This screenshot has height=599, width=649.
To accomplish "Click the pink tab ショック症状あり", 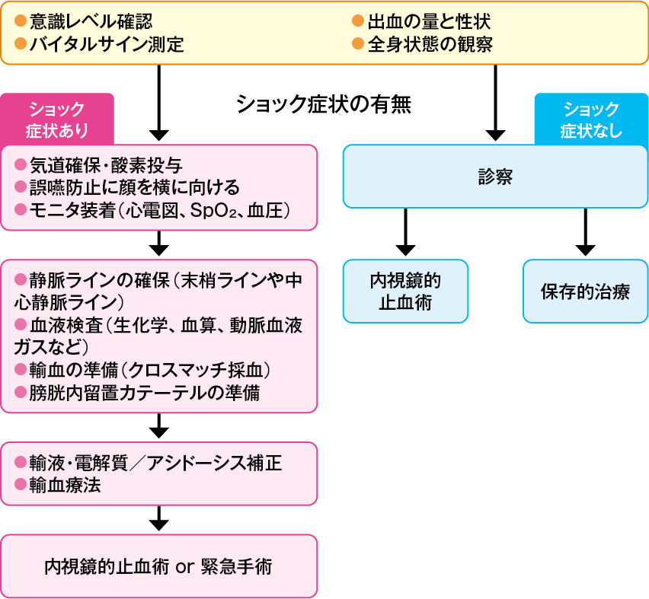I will tap(57, 119).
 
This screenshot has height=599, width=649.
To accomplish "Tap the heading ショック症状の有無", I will tap(324, 104).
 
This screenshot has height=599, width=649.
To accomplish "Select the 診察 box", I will tap(495, 177).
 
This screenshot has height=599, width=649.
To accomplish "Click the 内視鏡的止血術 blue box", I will tap(405, 291).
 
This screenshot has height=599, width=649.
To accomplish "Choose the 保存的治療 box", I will tap(585, 291).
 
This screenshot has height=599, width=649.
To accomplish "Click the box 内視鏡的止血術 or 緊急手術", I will tap(158, 566).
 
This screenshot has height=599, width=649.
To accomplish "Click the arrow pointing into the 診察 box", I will tap(495, 103).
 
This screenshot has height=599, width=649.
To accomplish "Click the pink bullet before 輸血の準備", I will tap(21, 369).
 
